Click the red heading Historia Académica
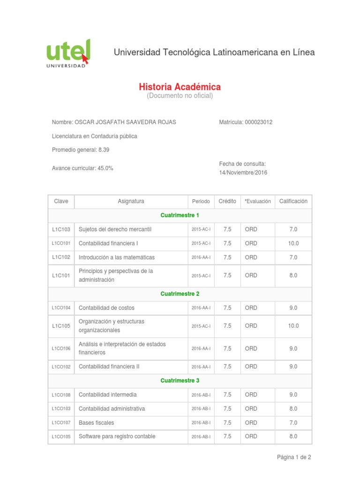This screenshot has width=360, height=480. pyautogui.click(x=180, y=87)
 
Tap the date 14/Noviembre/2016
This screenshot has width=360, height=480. pyautogui.click(x=243, y=172)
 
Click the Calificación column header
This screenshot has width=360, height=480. pyautogui.click(x=293, y=202)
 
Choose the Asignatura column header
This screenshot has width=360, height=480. pyautogui.click(x=131, y=202)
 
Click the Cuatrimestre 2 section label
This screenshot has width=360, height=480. pyautogui.click(x=180, y=294)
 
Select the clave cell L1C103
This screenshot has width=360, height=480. pyautogui.click(x=61, y=230)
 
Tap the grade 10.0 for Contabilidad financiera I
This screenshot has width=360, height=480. pyautogui.click(x=293, y=244)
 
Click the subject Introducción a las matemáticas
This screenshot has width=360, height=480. pyautogui.click(x=116, y=258)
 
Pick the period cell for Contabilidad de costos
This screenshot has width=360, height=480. pyautogui.click(x=201, y=308)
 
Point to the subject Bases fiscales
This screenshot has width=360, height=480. pyautogui.click(x=96, y=423)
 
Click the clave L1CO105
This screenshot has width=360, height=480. pyautogui.click(x=61, y=437)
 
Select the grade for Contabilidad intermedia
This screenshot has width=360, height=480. pyautogui.click(x=293, y=395)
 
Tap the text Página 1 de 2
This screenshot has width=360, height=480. pyautogui.click(x=294, y=457)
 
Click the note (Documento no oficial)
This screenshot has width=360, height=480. pyautogui.click(x=180, y=96)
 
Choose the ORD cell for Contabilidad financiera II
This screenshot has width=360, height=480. pyautogui.click(x=251, y=367)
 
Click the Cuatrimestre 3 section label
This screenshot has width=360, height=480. pyautogui.click(x=180, y=381)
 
